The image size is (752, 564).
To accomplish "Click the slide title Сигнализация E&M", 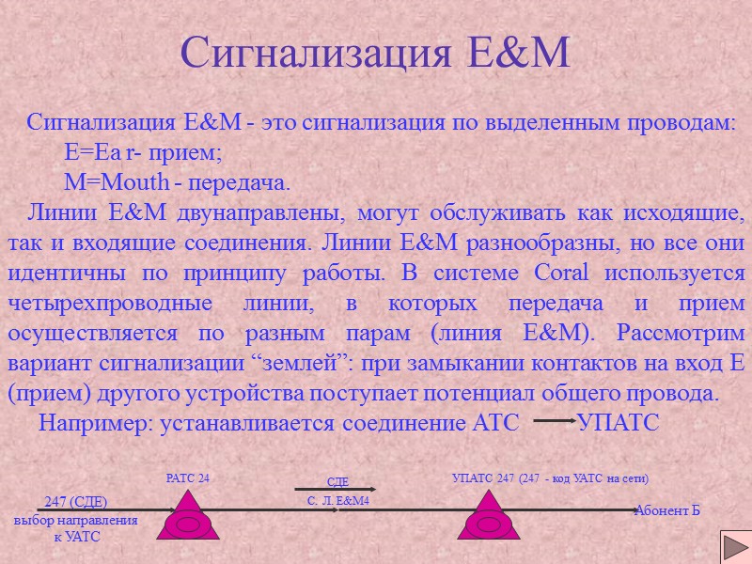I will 375,53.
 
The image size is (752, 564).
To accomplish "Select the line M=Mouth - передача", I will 178,180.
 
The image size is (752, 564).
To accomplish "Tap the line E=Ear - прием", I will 143,151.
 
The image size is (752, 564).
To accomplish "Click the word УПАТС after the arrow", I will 619,423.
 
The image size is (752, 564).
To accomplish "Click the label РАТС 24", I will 187,478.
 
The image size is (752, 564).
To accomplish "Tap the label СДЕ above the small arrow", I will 337,482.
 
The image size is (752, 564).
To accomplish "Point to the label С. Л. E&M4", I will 338,501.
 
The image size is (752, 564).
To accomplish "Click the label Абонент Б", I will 667,510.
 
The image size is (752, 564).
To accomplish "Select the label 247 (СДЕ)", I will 76,501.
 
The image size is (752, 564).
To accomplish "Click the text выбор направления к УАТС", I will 75,527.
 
